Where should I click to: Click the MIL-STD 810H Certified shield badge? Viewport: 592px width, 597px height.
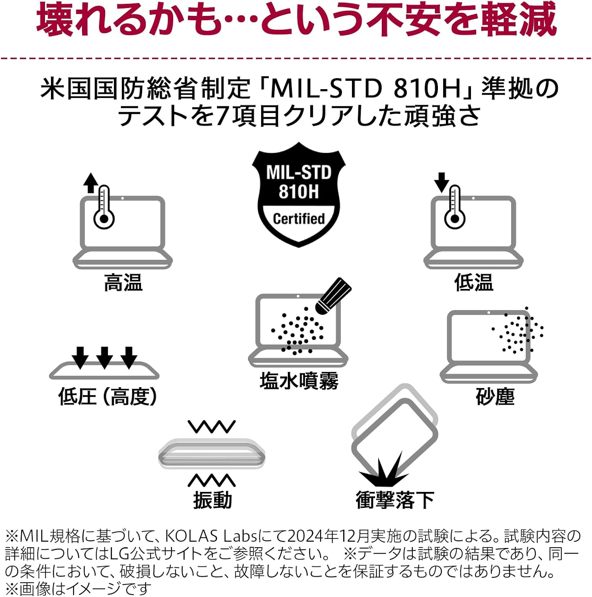(299, 195)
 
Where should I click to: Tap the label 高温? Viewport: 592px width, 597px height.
(123, 283)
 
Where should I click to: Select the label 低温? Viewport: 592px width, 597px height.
(474, 283)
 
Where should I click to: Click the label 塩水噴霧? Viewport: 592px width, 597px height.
(299, 381)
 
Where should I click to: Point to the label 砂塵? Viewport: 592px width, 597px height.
(495, 396)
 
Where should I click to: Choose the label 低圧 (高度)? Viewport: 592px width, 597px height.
(107, 396)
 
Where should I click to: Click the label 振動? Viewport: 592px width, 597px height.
(213, 500)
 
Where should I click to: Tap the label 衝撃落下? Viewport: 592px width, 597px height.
(395, 500)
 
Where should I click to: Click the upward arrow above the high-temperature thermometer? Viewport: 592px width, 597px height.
(91, 183)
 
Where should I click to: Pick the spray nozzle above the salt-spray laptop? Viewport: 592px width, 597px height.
(333, 296)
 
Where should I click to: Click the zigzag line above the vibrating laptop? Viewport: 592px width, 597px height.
(212, 426)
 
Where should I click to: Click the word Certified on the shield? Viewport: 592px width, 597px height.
(299, 219)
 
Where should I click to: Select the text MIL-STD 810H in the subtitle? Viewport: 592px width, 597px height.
(365, 88)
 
